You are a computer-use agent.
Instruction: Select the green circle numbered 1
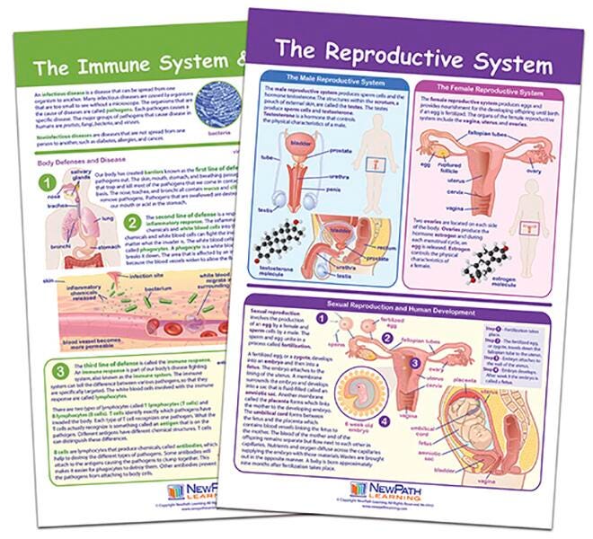point(41,185)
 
